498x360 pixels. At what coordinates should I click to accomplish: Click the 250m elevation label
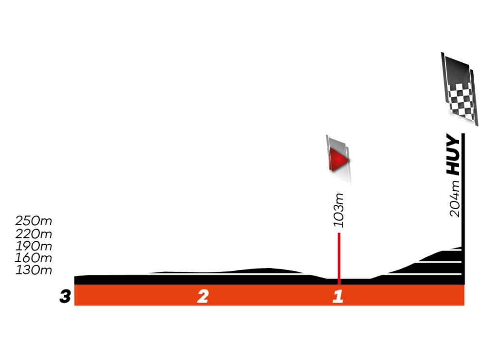33,221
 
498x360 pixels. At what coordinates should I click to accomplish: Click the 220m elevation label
33,234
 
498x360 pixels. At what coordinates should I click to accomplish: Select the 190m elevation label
33,246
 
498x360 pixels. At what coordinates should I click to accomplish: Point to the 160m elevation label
33,258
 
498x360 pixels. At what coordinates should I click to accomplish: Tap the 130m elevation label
33,270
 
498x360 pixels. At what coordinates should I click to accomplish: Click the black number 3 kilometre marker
65,296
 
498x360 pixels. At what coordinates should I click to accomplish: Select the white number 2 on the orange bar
203,296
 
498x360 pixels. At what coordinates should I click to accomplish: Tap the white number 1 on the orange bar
338,296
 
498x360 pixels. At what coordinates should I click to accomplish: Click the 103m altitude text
339,211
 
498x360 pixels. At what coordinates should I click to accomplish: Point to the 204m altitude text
454,199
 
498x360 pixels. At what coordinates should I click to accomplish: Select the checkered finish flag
459,88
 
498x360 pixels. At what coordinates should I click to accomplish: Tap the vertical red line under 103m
339,258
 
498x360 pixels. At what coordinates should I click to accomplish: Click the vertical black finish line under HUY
463,209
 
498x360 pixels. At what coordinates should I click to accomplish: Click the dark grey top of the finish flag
457,68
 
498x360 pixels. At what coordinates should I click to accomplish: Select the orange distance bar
269,295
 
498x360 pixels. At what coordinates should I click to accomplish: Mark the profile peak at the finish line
460,248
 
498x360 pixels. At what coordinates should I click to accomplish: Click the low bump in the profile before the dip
267,269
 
